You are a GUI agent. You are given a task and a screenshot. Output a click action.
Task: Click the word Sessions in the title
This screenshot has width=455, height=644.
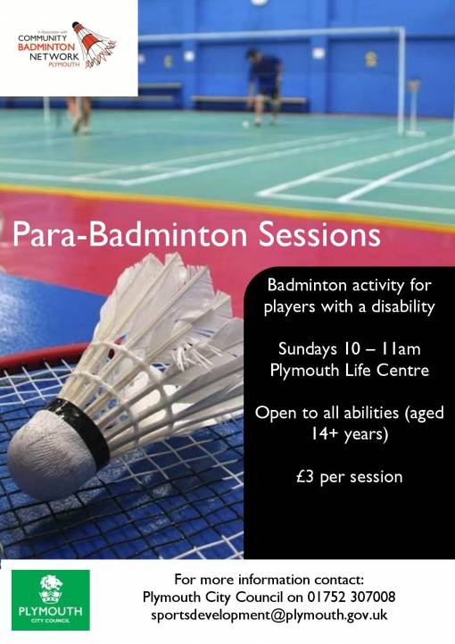319,235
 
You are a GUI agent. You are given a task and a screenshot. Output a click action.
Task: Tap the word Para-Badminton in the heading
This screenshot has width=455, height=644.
129,235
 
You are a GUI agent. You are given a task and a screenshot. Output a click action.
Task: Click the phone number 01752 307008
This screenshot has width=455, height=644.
352,597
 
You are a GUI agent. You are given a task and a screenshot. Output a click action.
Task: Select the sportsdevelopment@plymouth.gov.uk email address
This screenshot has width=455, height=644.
269,615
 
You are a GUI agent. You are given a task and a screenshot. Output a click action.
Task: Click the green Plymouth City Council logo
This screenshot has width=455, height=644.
51,599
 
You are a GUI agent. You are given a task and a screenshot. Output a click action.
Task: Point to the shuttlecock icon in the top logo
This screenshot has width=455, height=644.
94,44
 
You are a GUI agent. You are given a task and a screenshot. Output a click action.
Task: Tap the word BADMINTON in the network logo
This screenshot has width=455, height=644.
46,47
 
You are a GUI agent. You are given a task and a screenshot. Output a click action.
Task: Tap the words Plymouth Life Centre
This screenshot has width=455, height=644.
350,371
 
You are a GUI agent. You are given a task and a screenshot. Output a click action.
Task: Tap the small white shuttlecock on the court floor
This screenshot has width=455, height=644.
245,124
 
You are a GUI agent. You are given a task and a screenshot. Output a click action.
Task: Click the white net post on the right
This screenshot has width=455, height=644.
401,81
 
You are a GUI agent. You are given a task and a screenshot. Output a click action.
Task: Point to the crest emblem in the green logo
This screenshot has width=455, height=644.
51,589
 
